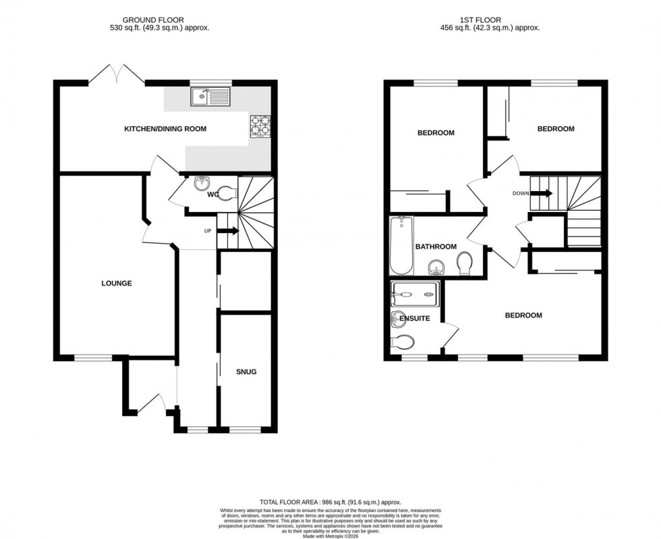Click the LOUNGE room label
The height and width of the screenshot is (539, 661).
[117, 283]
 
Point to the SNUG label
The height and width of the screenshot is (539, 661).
[246, 371]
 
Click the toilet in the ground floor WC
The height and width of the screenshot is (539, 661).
[228, 192]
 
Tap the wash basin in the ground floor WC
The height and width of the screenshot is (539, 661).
[202, 184]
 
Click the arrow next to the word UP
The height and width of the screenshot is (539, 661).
[228, 231]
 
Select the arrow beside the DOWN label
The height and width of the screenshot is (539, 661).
[542, 193]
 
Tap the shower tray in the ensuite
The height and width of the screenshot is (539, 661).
[415, 294]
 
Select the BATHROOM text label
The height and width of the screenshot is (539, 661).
[436, 247]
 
